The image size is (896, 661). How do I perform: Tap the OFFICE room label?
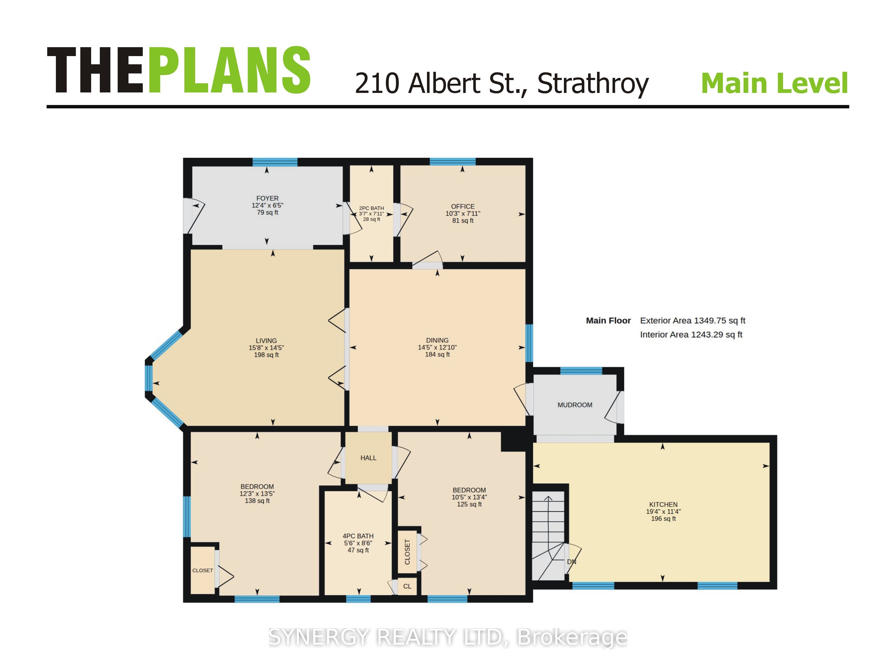[x=463, y=206]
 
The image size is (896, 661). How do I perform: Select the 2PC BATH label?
[x=371, y=208]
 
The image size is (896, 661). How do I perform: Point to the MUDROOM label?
[x=575, y=405]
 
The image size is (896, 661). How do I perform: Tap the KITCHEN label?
[x=663, y=504]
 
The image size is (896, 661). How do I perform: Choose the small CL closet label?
[x=407, y=586]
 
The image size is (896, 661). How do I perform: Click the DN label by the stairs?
[x=572, y=562]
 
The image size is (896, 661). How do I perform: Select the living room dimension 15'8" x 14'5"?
[x=266, y=348]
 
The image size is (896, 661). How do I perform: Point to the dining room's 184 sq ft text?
[x=437, y=355]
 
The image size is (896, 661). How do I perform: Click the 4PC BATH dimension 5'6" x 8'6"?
[x=358, y=543]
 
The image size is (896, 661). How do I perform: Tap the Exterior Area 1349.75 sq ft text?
[x=693, y=321]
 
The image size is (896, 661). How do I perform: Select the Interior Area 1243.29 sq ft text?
[x=691, y=335]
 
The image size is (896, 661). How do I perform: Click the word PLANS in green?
[x=229, y=70]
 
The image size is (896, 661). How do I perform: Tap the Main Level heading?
[x=775, y=83]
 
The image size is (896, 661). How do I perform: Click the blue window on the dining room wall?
[x=529, y=343]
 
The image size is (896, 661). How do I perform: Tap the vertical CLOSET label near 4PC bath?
[x=407, y=552]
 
